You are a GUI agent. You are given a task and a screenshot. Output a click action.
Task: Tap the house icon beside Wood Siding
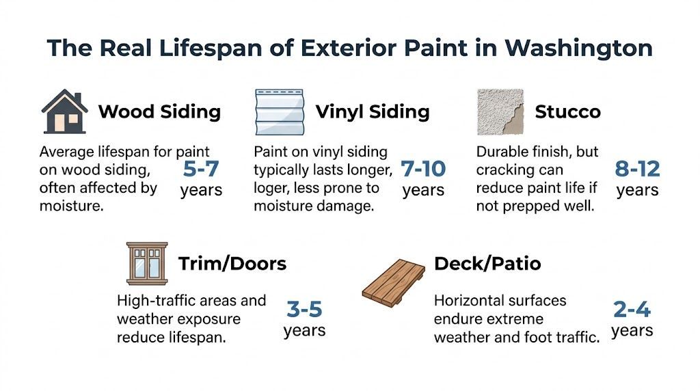tap(64, 111)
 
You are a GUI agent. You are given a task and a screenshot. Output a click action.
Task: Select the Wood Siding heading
tap(159, 111)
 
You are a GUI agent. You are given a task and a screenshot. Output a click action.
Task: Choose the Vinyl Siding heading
tap(373, 111)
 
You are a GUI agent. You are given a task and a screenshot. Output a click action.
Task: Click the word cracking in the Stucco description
tap(502, 170)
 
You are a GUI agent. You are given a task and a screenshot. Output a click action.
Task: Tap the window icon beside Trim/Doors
tap(147, 263)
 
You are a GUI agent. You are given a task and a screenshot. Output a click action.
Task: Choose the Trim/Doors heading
tap(232, 264)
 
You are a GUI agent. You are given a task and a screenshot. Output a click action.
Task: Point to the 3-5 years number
tap(304, 309)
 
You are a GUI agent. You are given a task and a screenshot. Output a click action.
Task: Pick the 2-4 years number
tap(632, 309)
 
